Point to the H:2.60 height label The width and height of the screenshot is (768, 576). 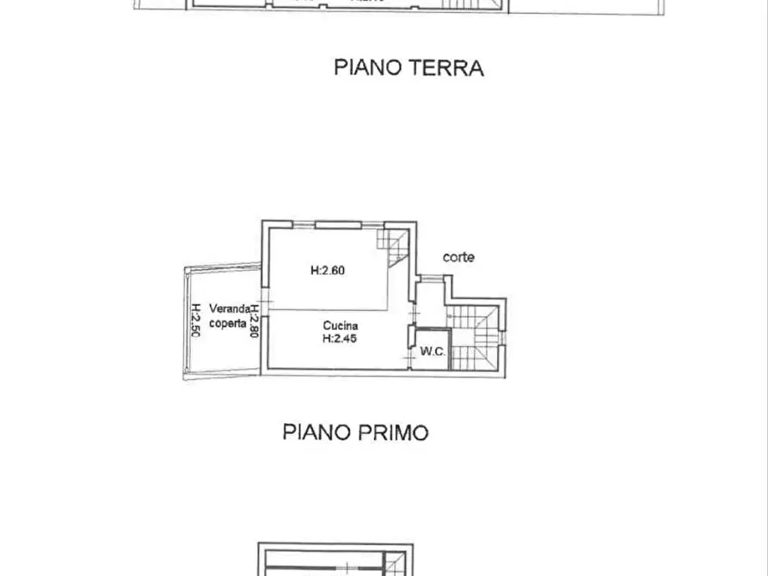pyautogui.click(x=328, y=270)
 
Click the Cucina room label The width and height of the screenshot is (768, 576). pyautogui.click(x=341, y=326)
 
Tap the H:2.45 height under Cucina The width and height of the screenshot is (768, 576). pyautogui.click(x=340, y=339)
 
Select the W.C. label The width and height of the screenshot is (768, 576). pyautogui.click(x=432, y=352)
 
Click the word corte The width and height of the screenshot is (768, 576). pyautogui.click(x=458, y=257)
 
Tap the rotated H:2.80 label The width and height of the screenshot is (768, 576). pyautogui.click(x=255, y=318)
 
